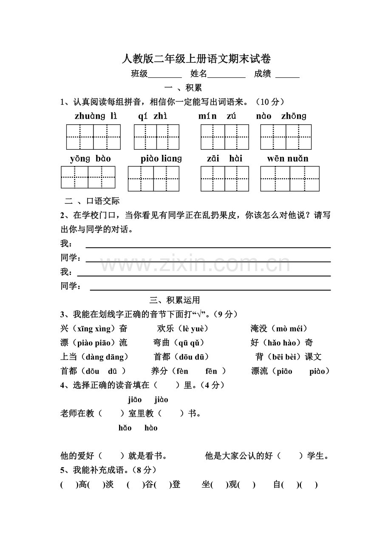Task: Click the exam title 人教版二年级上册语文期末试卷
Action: pyautogui.click(x=196, y=59)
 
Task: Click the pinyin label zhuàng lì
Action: pyautogui.click(x=96, y=116)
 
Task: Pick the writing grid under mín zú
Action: pyautogui.click(x=225, y=137)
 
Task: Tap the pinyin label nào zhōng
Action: pyautogui.click(x=281, y=116)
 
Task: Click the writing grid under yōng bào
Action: pyautogui.click(x=88, y=177)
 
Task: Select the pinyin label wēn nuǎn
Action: pyautogui.click(x=288, y=159)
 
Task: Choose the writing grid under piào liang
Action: pyautogui.click(x=153, y=179)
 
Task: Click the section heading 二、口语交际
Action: pyautogui.click(x=92, y=201)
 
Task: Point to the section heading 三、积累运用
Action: pyautogui.click(x=175, y=300)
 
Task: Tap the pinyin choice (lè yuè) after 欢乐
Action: pyautogui.click(x=193, y=328)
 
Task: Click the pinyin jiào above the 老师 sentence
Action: pyautogui.click(x=161, y=399)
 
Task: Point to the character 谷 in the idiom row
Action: pyautogui.click(x=148, y=484)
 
